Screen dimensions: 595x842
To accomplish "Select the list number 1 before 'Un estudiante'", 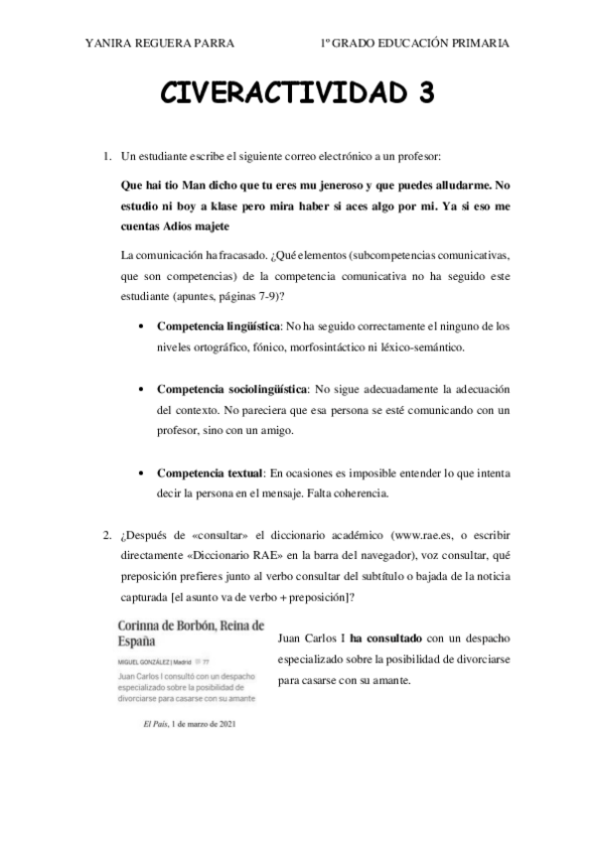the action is click(x=107, y=157).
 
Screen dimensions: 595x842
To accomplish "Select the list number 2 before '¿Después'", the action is click(x=107, y=536).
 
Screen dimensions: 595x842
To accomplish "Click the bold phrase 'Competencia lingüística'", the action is click(x=218, y=326).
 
